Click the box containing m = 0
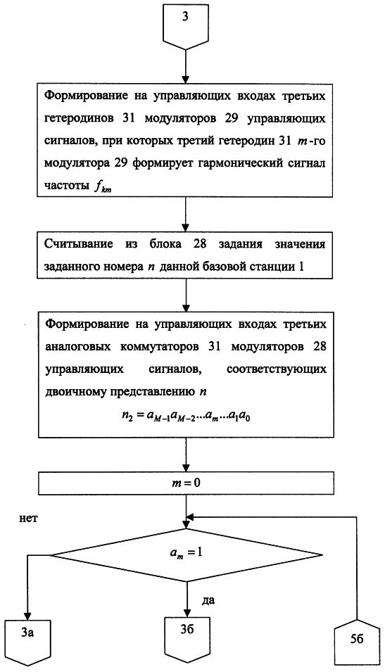click(x=186, y=483)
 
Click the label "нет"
click(x=29, y=518)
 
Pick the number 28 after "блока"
click(x=199, y=244)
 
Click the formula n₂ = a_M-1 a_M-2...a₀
click(x=186, y=415)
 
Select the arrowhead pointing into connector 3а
click(x=28, y=616)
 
